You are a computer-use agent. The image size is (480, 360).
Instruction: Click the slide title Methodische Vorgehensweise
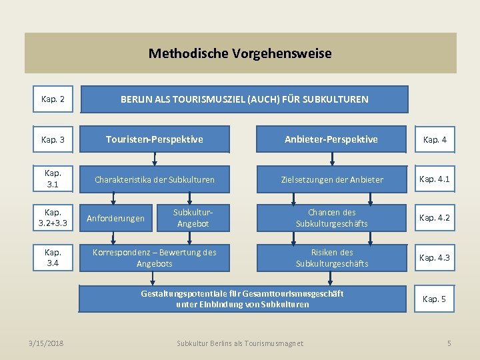coord(240,53)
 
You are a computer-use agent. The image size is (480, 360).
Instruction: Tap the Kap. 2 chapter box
coord(53,99)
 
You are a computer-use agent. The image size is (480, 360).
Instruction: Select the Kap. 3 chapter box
coord(53,140)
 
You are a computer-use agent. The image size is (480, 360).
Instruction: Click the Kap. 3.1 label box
coord(53,179)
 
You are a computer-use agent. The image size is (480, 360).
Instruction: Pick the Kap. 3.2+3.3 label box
coord(53,218)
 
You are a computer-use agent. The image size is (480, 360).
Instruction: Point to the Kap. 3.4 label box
coord(53,257)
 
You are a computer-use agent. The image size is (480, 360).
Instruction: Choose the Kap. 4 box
coord(435,140)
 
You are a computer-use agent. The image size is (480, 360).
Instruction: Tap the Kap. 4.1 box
coord(435,179)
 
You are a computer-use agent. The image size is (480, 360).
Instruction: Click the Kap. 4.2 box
coord(435,218)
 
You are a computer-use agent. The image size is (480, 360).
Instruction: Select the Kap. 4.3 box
coord(435,257)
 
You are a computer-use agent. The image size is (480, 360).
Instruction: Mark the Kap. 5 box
coord(435,299)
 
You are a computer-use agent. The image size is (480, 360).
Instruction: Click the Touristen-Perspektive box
coord(155,139)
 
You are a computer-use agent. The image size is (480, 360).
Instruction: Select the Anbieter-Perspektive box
coord(331,139)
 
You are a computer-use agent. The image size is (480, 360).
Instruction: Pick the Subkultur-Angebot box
coord(193,218)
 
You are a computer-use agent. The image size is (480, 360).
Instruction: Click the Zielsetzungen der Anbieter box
coord(331,179)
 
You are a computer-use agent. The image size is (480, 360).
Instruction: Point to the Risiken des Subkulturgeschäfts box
coord(331,257)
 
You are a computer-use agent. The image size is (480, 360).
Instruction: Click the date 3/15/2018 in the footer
coord(47,343)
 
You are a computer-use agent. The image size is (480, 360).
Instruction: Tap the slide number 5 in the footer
coord(449,343)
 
